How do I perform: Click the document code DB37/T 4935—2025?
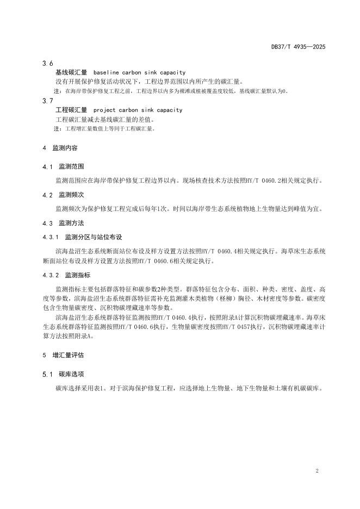298,47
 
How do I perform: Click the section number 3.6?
47,64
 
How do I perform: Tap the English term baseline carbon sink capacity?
139,72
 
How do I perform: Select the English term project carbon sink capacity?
138,110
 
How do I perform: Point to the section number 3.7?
47,101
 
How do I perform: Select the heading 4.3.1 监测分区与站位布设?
83,237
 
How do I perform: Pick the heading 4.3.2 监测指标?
66,275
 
